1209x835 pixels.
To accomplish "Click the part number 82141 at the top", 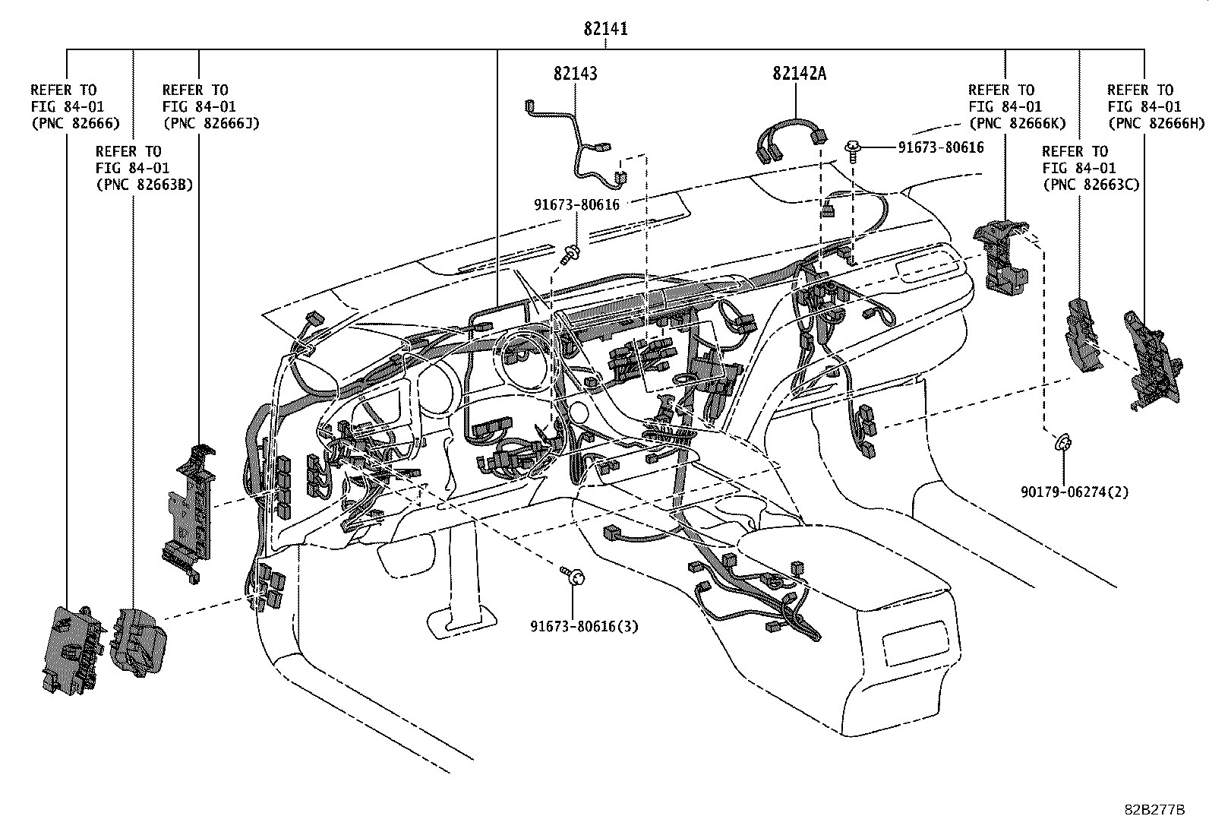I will [605, 29].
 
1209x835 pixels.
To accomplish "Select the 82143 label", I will [575, 73].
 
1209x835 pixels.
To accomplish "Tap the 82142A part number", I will [799, 73].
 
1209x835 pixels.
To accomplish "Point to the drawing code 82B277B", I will [1154, 810].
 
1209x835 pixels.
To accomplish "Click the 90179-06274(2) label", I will [1074, 492].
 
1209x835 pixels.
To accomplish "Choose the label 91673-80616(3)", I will [584, 627].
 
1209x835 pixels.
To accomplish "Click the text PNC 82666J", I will [210, 123].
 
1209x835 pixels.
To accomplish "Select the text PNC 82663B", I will [144, 185].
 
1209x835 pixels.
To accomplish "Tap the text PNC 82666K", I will [1017, 123].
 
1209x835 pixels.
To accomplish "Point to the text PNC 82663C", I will [1091, 185].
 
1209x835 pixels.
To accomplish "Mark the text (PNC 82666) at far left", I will [75, 123].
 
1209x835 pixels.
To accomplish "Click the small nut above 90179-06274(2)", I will [1063, 441].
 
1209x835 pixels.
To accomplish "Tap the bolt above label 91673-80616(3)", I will [572, 575].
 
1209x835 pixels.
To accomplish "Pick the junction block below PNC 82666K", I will [1002, 255].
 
